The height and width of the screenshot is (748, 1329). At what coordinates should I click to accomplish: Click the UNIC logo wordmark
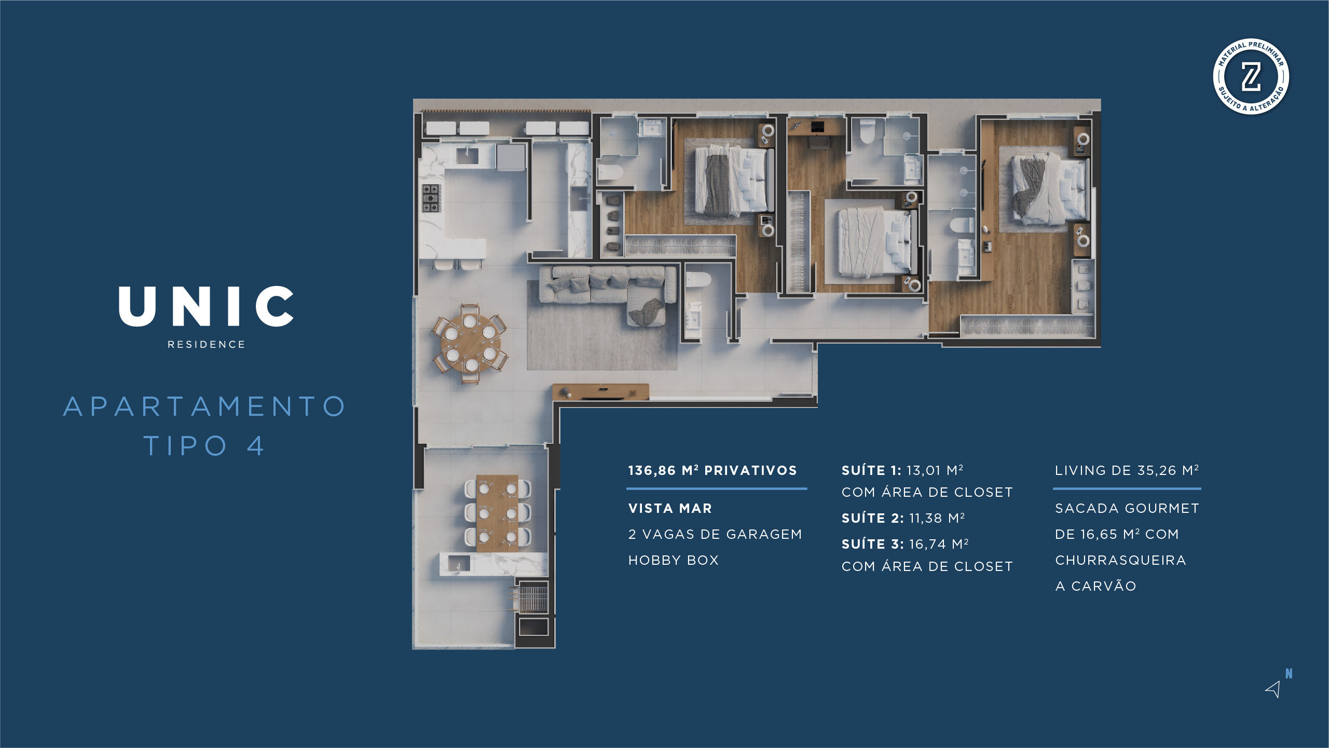[206, 306]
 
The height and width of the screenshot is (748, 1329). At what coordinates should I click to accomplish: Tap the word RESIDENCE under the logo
[206, 345]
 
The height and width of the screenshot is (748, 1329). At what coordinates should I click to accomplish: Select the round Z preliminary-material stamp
[1251, 77]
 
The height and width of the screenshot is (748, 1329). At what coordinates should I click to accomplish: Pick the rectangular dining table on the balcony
[497, 513]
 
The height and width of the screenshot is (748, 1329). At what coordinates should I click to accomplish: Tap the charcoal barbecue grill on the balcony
[533, 597]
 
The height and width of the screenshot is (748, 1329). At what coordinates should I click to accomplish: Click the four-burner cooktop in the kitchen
[430, 198]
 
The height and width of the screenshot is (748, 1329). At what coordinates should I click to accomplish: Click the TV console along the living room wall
[600, 392]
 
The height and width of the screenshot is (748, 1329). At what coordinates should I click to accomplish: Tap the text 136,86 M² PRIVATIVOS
[712, 471]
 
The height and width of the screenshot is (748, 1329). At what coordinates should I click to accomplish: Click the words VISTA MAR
[670, 509]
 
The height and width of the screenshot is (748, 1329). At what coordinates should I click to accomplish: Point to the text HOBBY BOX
[673, 561]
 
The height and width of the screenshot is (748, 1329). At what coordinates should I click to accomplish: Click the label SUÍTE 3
[872, 544]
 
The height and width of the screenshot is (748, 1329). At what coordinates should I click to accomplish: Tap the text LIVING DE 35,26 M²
[1127, 471]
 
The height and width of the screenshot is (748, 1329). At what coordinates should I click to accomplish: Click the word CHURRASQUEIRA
[1120, 561]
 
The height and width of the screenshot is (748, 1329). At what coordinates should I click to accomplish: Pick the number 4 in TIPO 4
[256, 446]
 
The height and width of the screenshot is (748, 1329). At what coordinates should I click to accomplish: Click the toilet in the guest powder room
[697, 280]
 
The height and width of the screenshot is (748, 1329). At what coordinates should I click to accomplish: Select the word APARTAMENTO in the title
[204, 406]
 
